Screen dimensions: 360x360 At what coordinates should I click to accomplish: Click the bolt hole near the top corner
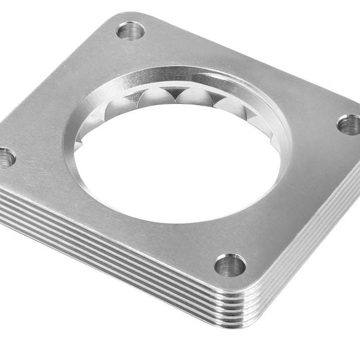click(x=130, y=30)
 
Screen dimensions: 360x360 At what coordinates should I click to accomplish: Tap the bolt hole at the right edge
click(x=349, y=125)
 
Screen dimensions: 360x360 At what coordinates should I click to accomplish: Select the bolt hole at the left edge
click(x=6, y=158)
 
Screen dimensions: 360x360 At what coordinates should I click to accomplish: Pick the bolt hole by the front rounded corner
click(x=230, y=265)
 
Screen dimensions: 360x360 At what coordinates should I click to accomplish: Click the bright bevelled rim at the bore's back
click(x=180, y=75)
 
